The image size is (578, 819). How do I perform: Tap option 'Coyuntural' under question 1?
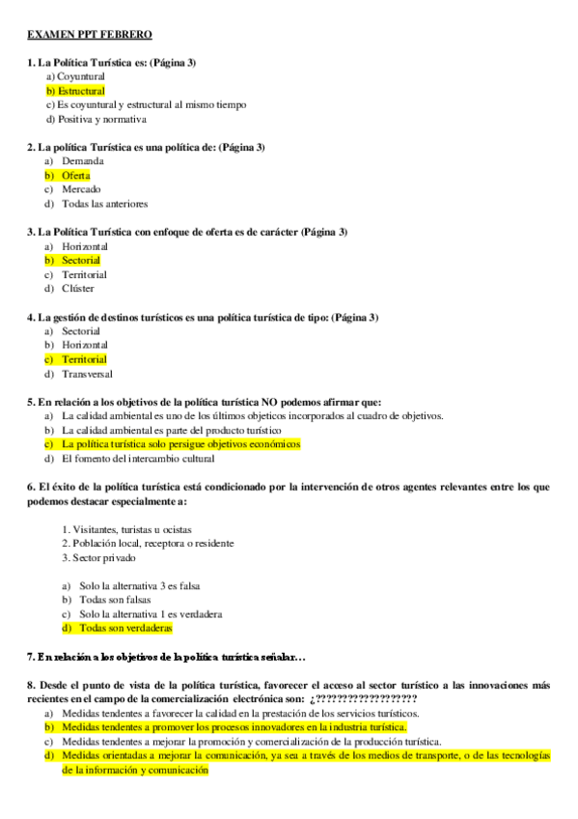[80, 76]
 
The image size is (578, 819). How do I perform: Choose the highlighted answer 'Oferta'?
[75, 176]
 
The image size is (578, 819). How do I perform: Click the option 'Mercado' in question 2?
[81, 189]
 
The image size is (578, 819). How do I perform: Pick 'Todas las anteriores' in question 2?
[104, 204]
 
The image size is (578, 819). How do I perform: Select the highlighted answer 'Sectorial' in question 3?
[80, 260]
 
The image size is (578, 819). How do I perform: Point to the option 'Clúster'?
[78, 288]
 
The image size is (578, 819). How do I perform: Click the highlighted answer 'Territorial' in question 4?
[84, 359]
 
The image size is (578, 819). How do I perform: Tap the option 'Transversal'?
[87, 374]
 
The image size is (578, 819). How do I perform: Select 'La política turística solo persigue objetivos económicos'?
[180, 444]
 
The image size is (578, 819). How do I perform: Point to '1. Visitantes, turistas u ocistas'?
[126, 529]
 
